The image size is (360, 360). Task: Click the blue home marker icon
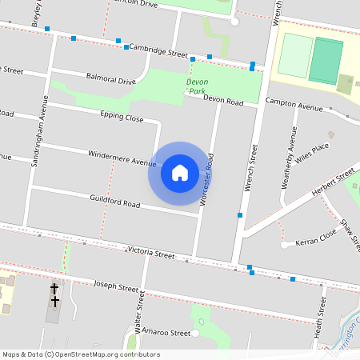click(x=180, y=172)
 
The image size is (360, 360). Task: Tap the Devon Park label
click(x=198, y=86)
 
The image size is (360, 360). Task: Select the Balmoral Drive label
click(x=110, y=80)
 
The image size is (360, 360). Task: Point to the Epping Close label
click(x=122, y=118)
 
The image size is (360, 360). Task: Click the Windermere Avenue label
click(x=122, y=158)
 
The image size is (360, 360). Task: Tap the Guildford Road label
click(x=115, y=202)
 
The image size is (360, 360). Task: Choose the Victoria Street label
click(x=150, y=254)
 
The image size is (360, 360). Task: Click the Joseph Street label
click(x=117, y=285)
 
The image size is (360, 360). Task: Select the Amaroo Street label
click(x=168, y=332)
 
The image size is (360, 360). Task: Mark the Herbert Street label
click(x=334, y=180)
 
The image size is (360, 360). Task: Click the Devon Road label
click(x=223, y=101)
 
